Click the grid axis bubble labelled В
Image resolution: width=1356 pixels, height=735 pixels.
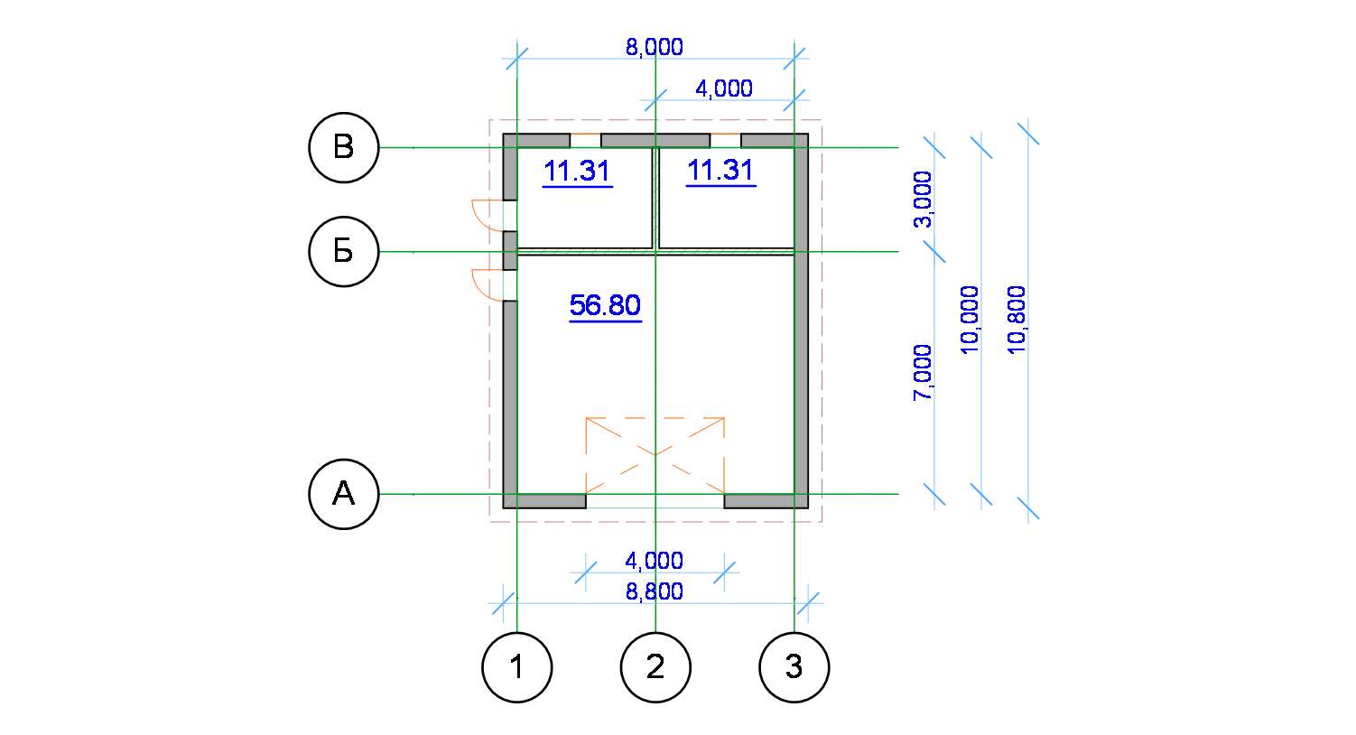tap(344, 148)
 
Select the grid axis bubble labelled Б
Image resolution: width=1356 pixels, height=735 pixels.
tap(344, 251)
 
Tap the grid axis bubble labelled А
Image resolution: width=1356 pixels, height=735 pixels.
tap(344, 494)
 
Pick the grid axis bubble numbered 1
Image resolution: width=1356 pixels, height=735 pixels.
tap(517, 667)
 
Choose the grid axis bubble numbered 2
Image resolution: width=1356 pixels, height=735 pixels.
tap(655, 667)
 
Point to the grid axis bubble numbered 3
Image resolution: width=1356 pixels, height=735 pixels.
tap(794, 667)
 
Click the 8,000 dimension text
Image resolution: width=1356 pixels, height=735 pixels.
tap(655, 47)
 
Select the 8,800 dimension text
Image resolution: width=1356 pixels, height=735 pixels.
tap(655, 591)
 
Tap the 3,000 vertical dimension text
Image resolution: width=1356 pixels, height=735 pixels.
tap(924, 199)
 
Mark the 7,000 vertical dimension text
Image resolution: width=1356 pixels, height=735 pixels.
tap(924, 372)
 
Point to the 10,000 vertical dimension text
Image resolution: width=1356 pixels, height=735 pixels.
tap(970, 320)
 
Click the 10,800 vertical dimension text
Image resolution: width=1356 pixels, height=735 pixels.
tap(1017, 320)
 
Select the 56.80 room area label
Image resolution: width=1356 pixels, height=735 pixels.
tap(606, 306)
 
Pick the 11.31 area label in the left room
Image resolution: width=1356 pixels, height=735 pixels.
tap(578, 172)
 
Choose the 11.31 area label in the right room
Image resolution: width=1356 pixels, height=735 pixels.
tap(721, 171)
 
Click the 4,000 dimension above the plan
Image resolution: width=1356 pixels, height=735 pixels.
tap(724, 89)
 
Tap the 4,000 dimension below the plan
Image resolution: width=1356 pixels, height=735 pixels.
tap(655, 561)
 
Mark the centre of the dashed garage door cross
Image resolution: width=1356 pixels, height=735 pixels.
tap(655, 455)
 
